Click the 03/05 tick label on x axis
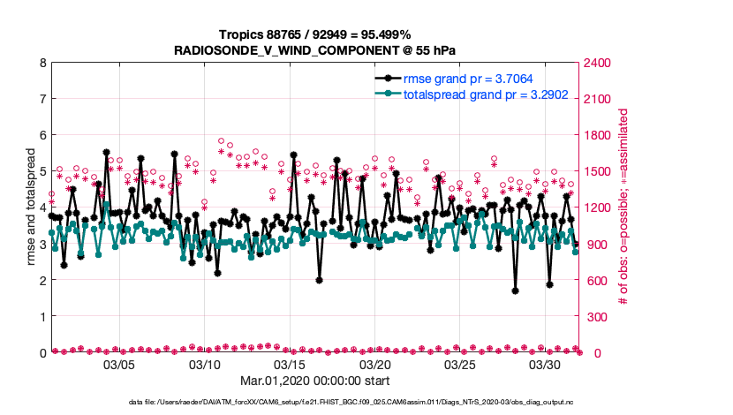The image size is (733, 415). [x=119, y=365]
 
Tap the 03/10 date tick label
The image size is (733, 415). [x=205, y=365]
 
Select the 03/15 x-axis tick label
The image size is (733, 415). [x=291, y=365]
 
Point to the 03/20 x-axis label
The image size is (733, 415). [x=375, y=365]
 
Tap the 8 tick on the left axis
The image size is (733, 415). [x=42, y=63]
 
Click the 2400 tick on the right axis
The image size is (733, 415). [x=597, y=63]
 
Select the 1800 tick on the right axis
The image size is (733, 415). [x=597, y=135]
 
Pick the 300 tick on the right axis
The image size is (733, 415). [x=594, y=316]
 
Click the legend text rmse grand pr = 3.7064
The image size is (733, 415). [x=468, y=79]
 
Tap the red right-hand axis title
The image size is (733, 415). [x=623, y=207]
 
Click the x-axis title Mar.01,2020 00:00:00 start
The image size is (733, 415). [x=315, y=381]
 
